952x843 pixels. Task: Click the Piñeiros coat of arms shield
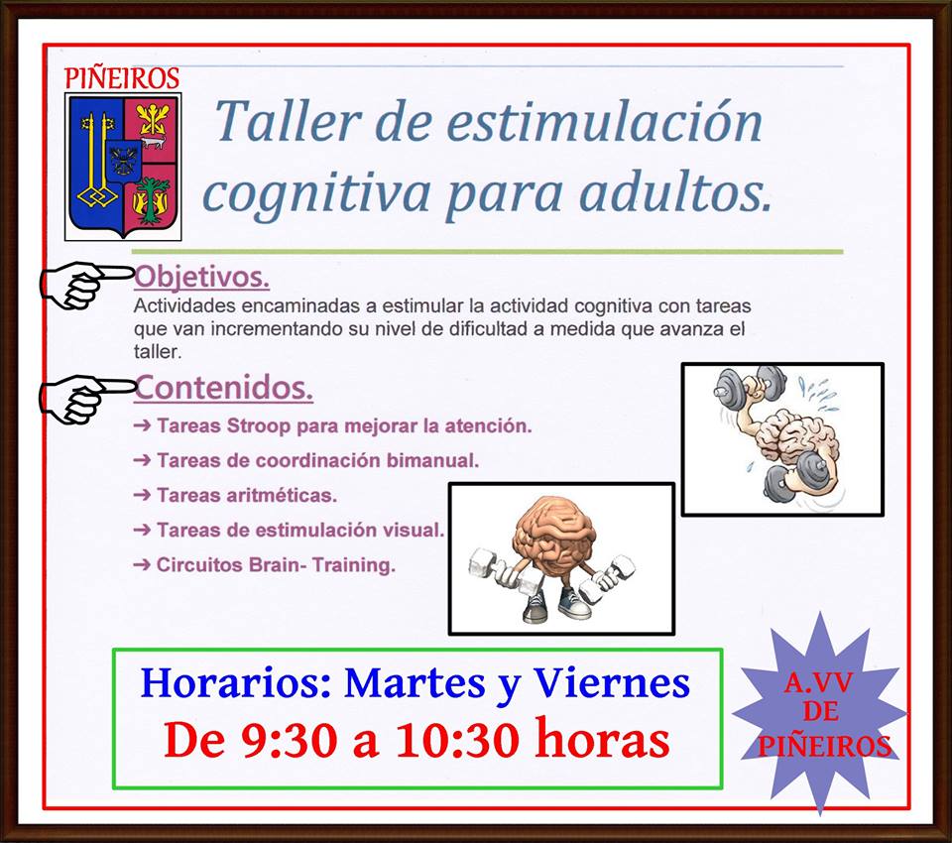click(x=123, y=166)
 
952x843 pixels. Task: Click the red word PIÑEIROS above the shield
click(x=122, y=78)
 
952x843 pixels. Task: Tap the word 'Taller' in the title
click(x=289, y=120)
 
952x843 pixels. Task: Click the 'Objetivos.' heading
click(x=201, y=277)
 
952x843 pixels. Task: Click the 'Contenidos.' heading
click(x=223, y=388)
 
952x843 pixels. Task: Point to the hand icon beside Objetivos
click(x=85, y=285)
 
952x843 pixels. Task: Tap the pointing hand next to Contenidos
click(x=86, y=398)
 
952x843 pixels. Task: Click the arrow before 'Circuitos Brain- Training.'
click(x=142, y=565)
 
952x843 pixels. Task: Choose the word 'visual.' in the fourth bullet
click(x=414, y=530)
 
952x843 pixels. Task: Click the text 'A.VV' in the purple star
click(x=819, y=683)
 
